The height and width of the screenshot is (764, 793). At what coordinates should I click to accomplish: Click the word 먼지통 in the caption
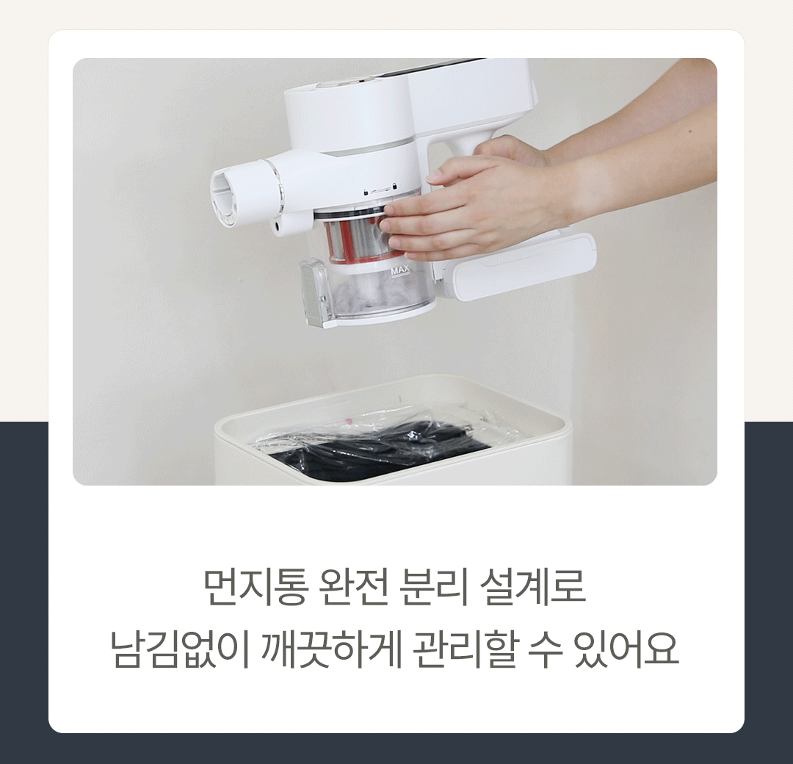[256, 588]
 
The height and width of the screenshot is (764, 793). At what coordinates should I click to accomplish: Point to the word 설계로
[533, 588]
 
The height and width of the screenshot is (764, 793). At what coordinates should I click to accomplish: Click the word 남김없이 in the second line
[180, 649]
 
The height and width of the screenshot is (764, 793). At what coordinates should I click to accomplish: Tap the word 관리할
[466, 649]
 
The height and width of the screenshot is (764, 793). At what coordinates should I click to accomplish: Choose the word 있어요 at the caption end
[626, 649]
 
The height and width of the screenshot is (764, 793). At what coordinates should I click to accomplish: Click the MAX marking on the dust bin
[399, 273]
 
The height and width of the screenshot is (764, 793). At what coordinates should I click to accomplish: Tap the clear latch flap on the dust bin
[314, 291]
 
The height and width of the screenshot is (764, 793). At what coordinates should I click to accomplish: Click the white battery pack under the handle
[521, 267]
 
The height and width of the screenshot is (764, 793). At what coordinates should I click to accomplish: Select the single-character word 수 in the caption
[546, 649]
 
